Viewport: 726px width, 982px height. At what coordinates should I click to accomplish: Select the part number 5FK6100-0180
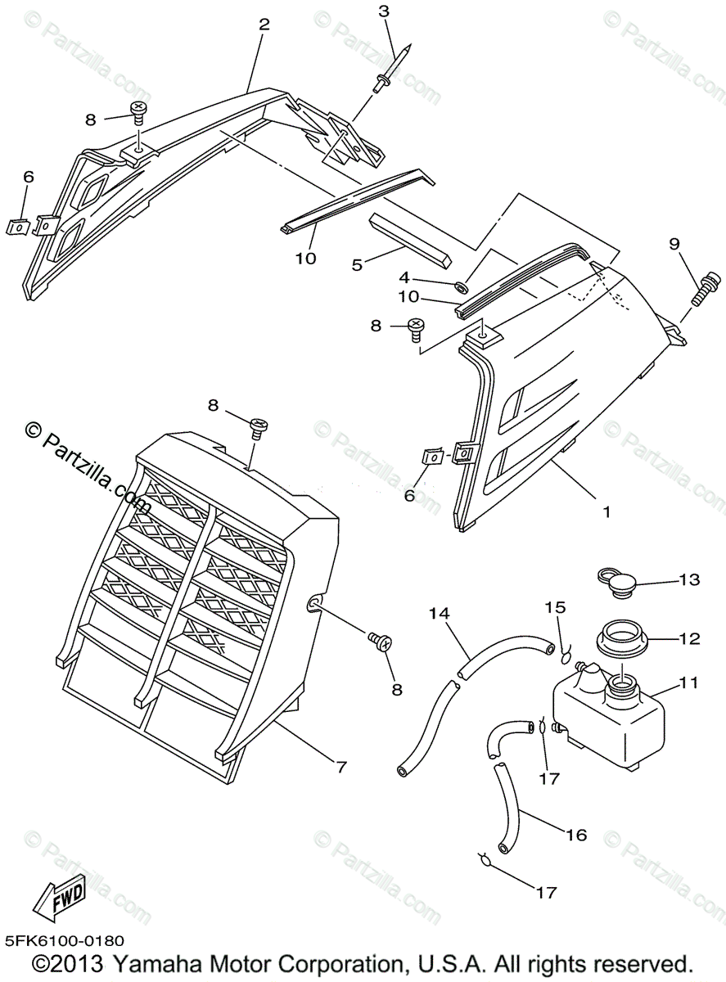(x=64, y=942)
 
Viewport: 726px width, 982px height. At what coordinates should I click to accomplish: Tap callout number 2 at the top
(x=264, y=25)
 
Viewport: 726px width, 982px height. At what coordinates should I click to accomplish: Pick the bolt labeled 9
(x=703, y=290)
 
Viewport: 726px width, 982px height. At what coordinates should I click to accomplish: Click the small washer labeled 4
(x=462, y=286)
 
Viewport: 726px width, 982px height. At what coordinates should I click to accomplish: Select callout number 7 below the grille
(x=341, y=767)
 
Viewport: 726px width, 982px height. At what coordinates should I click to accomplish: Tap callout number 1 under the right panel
(x=607, y=511)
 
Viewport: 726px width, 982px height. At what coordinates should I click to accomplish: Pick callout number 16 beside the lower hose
(x=576, y=834)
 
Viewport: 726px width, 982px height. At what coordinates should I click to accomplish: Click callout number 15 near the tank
(x=557, y=607)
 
